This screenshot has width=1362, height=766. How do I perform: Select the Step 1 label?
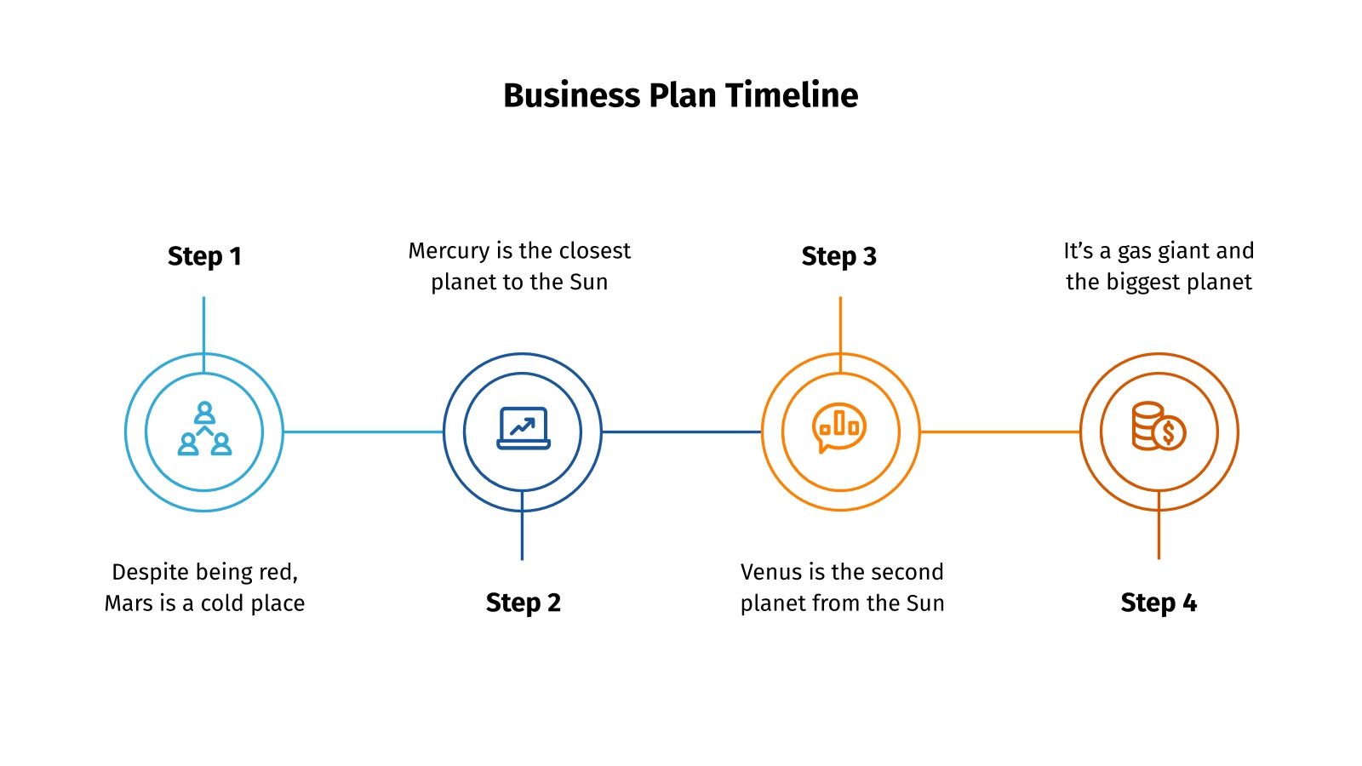pos(204,256)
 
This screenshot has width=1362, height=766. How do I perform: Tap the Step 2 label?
pos(523,603)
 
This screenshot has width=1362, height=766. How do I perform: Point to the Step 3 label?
pos(838,256)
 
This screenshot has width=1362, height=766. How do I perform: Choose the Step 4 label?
pos(1158,603)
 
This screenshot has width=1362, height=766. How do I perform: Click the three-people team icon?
pos(204,429)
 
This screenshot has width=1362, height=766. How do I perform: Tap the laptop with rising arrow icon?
pos(523,428)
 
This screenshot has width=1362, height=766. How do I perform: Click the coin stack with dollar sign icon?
pos(1158,426)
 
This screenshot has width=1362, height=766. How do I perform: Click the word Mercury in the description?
pos(449,251)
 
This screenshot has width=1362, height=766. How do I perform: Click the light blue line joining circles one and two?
pos(363,432)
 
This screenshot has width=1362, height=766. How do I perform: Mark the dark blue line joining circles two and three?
pos(681,432)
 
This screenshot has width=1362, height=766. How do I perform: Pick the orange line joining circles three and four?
pos(999,432)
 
